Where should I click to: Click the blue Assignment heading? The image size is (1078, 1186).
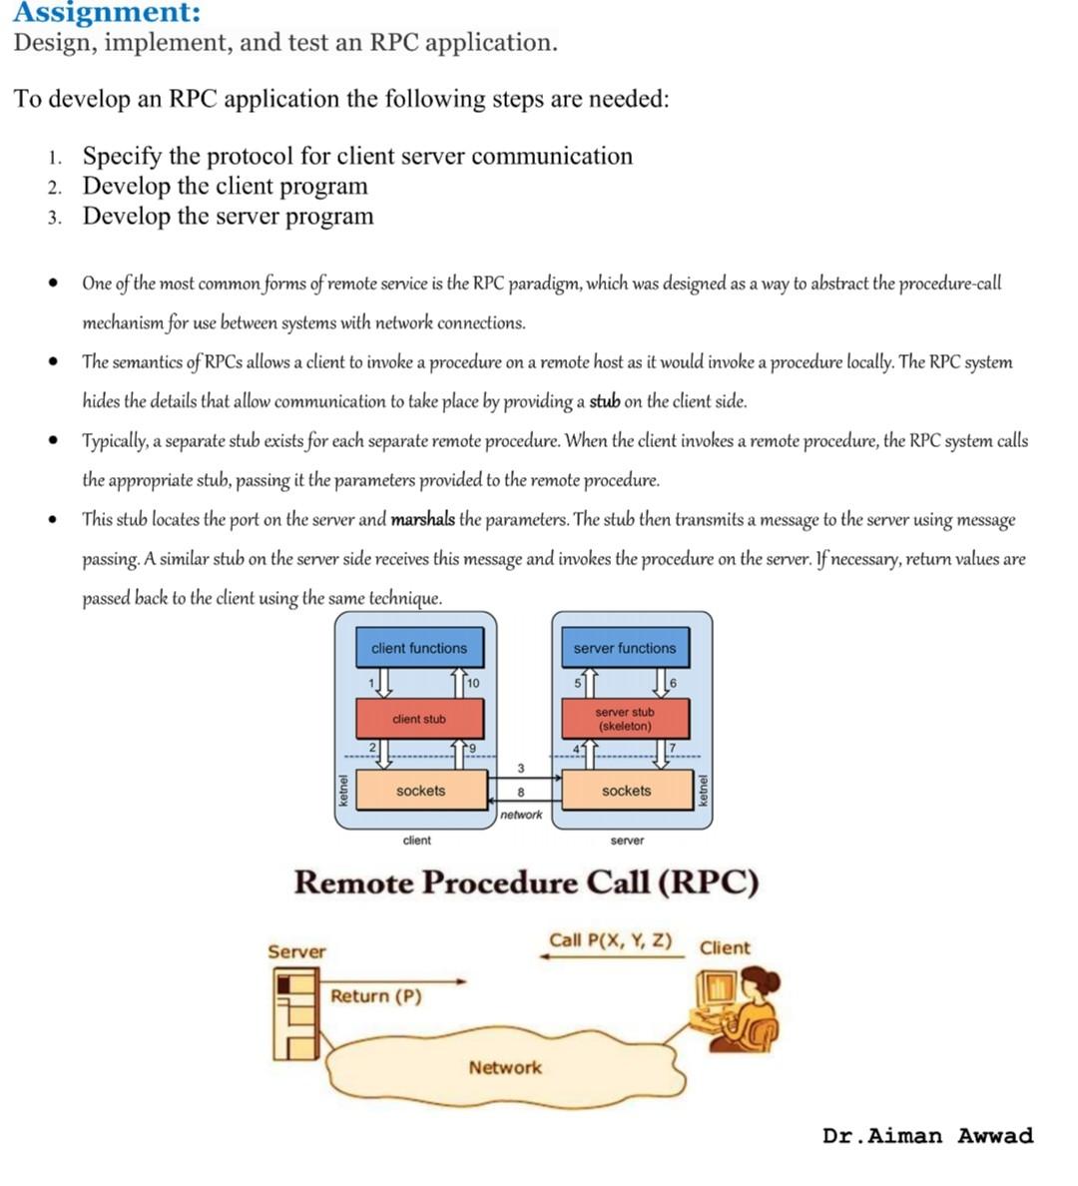click(106, 13)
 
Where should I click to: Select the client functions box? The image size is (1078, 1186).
click(419, 648)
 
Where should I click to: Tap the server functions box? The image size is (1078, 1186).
click(625, 648)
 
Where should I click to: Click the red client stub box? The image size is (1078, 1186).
click(419, 719)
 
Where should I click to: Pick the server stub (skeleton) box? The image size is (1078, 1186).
click(625, 719)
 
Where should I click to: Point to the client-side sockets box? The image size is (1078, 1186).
click(420, 791)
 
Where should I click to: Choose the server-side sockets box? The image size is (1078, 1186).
click(626, 791)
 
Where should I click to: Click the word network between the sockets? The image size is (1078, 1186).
click(521, 815)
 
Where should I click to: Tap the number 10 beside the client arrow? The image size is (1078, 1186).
click(472, 683)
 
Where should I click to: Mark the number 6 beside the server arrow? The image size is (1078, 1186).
click(673, 683)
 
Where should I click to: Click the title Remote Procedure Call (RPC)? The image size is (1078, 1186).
click(526, 883)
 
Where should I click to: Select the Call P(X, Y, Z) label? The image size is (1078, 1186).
click(610, 940)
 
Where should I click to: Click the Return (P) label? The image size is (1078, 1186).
click(376, 996)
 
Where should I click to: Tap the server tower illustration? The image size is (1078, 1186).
click(295, 1014)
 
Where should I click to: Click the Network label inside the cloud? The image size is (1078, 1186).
click(505, 1067)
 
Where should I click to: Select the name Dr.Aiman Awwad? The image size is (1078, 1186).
click(927, 1136)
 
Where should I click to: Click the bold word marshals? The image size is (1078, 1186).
click(422, 520)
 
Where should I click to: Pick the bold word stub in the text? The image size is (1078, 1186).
click(605, 402)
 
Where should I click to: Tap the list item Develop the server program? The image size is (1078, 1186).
click(228, 217)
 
